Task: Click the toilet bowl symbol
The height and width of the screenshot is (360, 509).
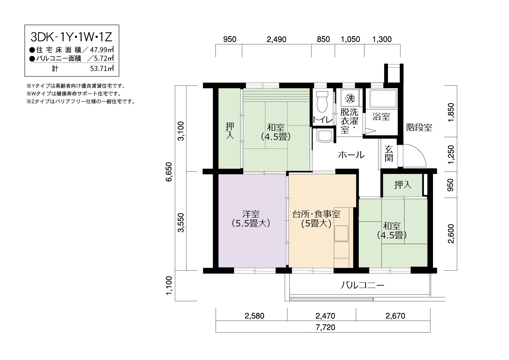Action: [322, 102]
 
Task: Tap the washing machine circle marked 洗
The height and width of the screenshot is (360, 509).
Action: [350, 98]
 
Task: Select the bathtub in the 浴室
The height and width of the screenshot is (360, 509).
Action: [383, 99]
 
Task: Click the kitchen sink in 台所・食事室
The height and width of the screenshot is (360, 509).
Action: [341, 233]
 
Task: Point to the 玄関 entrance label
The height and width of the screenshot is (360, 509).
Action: [389, 153]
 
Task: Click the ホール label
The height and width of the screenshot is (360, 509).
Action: [351, 155]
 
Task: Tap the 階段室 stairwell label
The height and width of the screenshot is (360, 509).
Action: [419, 127]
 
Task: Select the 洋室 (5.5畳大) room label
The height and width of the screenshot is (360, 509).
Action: [251, 219]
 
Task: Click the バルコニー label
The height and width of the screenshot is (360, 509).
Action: [362, 285]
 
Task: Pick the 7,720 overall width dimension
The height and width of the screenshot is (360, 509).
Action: [325, 327]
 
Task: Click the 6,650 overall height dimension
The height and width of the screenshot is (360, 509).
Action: [169, 172]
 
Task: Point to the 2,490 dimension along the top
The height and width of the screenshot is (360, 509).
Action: [276, 39]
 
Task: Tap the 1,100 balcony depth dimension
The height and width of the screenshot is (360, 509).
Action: [169, 286]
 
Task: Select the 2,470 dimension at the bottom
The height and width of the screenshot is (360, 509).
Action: [325, 316]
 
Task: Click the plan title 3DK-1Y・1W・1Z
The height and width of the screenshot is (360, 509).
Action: [72, 37]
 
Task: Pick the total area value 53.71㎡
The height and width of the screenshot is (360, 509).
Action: [102, 68]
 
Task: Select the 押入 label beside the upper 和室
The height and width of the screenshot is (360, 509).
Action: [230, 131]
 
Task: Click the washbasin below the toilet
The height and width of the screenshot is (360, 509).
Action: [324, 136]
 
